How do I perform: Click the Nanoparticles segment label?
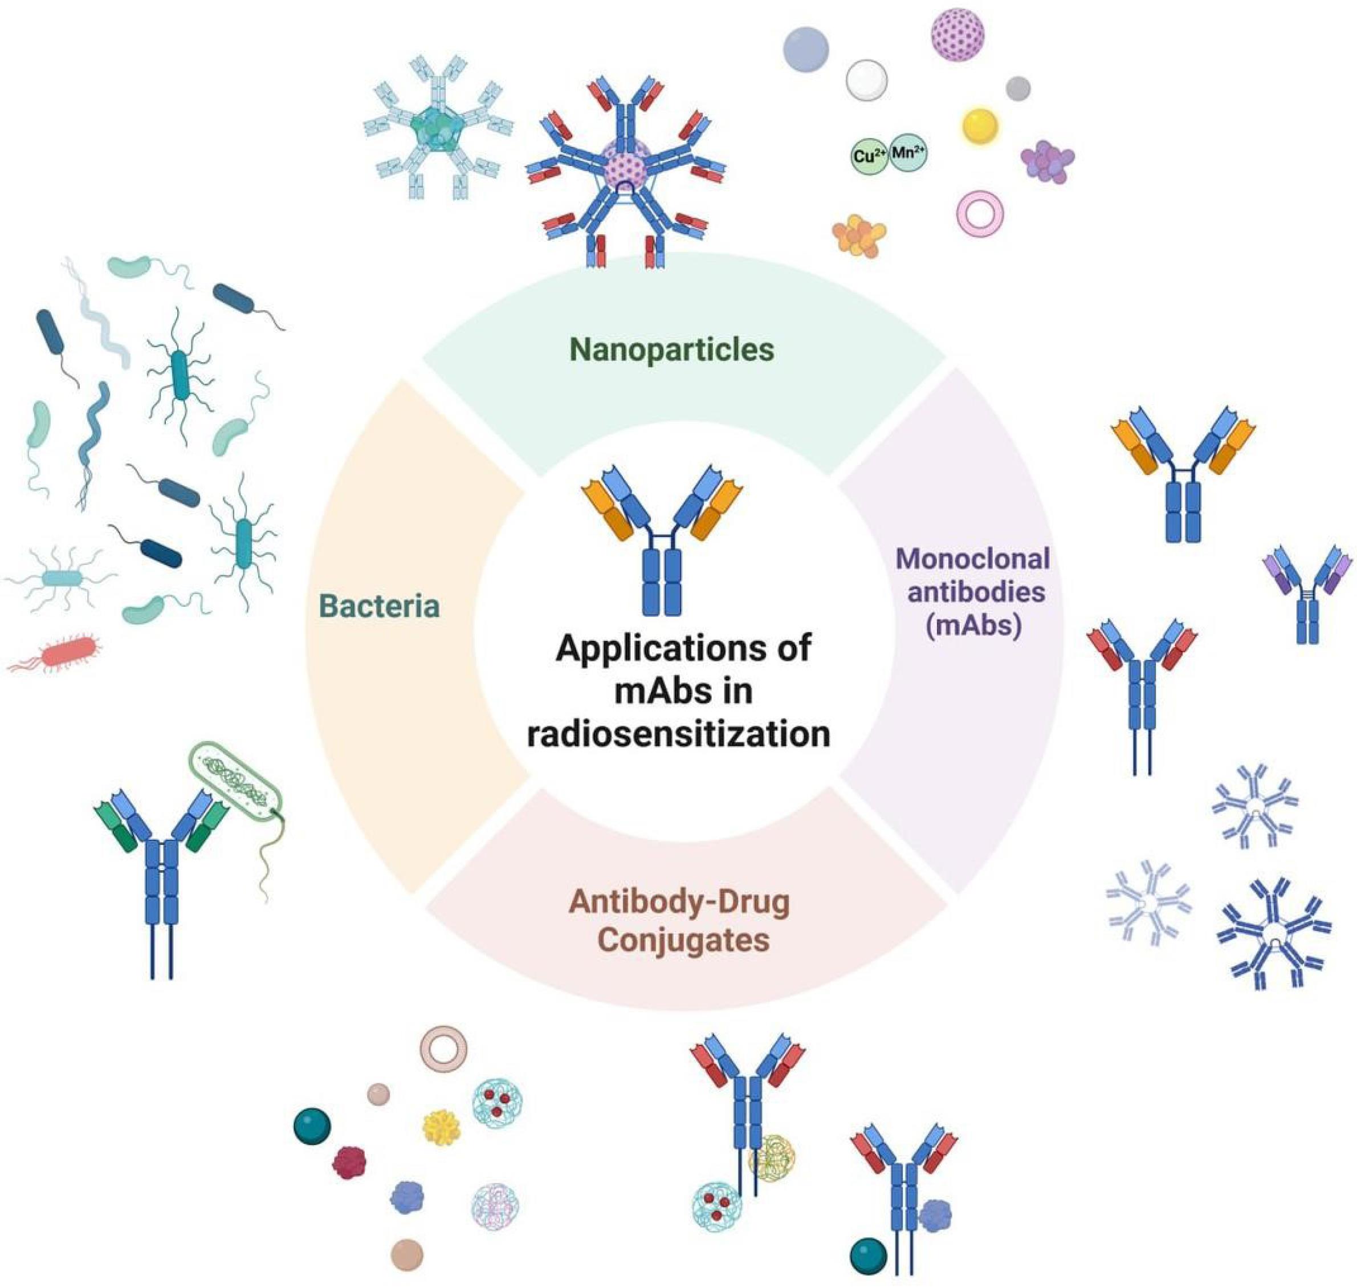point(671,350)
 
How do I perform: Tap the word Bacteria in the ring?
point(380,607)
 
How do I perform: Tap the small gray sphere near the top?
point(1018,88)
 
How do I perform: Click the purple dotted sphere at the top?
point(957,34)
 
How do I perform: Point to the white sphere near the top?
point(866,80)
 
